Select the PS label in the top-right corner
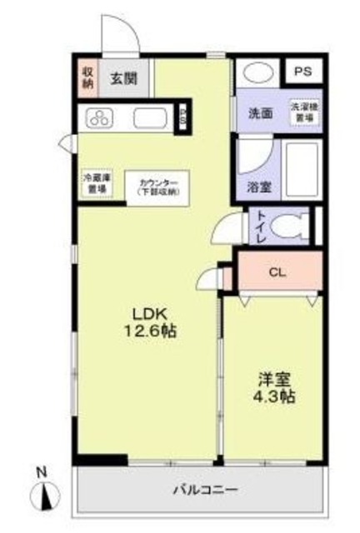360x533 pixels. click(x=302, y=72)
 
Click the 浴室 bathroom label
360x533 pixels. click(x=258, y=187)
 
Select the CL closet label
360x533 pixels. click(x=277, y=271)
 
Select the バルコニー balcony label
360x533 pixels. click(x=205, y=490)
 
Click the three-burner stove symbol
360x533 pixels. click(x=102, y=117)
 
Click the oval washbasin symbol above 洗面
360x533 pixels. click(x=257, y=73)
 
